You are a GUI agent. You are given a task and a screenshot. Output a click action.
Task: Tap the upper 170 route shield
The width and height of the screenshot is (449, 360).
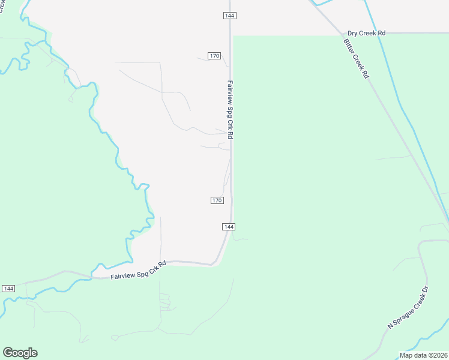(x=215, y=56)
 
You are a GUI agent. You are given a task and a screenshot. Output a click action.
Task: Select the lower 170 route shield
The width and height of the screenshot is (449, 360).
(x=217, y=200)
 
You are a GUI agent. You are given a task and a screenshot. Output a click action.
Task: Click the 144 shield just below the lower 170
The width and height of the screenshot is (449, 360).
(x=228, y=226)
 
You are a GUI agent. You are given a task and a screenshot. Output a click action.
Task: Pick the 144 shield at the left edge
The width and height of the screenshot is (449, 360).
(x=8, y=289)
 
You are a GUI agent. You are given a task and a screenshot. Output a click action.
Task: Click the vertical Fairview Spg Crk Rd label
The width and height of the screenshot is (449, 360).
(x=230, y=110)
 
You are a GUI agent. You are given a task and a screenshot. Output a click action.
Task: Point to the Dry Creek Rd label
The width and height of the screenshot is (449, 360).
(x=366, y=34)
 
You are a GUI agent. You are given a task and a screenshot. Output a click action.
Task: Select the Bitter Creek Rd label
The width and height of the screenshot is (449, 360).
(x=356, y=59)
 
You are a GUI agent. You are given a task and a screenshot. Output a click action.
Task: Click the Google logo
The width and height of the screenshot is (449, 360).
(x=20, y=353)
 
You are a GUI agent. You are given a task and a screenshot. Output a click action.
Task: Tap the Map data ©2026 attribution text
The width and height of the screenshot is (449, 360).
(x=423, y=355)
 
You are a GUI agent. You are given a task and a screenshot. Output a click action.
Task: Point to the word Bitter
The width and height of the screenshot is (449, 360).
(x=348, y=46)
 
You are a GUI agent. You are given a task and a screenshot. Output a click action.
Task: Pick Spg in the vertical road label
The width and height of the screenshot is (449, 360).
(x=230, y=115)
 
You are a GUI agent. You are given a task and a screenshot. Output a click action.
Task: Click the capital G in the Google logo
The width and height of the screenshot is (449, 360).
(x=8, y=353)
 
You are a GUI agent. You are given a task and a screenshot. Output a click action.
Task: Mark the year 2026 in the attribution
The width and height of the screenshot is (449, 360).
(x=440, y=355)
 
